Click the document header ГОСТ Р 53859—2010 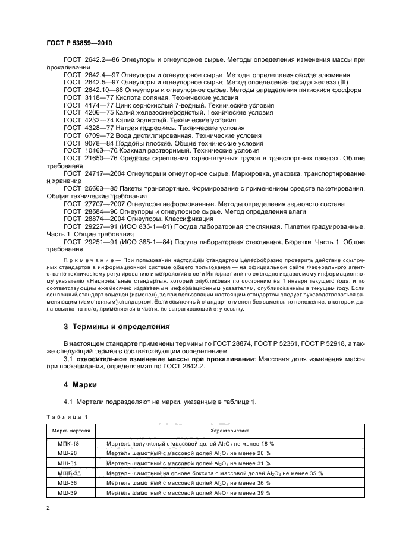tap(78, 44)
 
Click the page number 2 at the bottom tap(49, 508)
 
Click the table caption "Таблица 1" tap(67, 417)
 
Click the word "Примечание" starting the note tap(85, 260)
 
